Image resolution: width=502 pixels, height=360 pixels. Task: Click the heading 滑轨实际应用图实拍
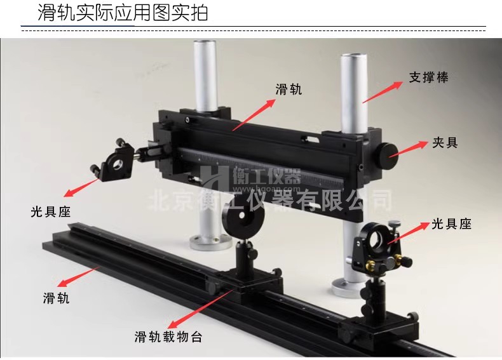[x=123, y=13]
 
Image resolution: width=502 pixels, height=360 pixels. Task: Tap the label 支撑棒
[x=429, y=77]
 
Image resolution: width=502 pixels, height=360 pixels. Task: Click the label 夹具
[x=445, y=142]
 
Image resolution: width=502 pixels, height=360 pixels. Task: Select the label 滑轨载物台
[x=168, y=337]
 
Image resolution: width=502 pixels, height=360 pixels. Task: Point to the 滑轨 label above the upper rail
[x=288, y=90]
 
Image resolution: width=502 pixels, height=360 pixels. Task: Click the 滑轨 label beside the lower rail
[x=57, y=298]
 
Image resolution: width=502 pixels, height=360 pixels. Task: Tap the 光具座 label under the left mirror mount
[x=51, y=212]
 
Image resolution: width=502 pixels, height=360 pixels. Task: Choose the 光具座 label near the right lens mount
[x=451, y=224]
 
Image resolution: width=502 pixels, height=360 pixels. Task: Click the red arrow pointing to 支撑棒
[x=383, y=92]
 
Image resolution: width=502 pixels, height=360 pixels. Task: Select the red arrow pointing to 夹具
[x=409, y=149]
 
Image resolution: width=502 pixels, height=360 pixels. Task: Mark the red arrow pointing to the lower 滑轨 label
[x=78, y=276]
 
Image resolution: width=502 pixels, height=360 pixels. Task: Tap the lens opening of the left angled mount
[x=118, y=164]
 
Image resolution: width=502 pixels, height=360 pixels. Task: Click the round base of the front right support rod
[x=349, y=288]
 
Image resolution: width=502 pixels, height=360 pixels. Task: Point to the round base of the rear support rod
[x=211, y=242]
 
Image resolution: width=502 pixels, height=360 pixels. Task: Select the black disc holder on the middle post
[x=244, y=220]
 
